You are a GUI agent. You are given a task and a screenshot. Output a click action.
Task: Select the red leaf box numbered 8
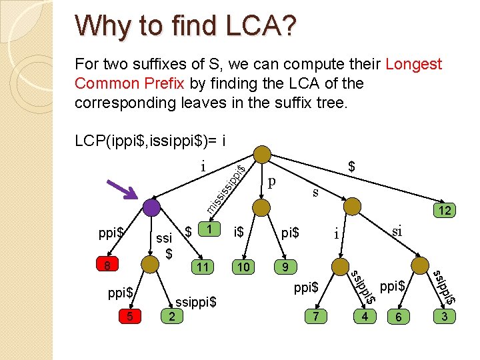(x=106, y=266)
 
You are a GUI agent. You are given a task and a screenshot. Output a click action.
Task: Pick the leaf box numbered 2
(x=172, y=316)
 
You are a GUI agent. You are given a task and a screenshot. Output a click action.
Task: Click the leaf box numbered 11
(x=203, y=267)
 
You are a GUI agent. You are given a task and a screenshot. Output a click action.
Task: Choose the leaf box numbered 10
(x=244, y=267)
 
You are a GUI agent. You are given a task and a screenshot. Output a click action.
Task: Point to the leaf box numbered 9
(x=285, y=267)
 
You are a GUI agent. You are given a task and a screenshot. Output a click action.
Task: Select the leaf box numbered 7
(x=316, y=316)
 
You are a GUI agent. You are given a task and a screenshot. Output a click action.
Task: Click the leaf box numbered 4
(x=364, y=316)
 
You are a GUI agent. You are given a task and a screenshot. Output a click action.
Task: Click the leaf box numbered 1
(x=210, y=229)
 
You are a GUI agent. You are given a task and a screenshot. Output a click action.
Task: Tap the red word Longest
(x=413, y=64)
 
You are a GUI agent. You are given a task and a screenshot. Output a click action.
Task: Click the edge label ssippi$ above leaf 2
(x=195, y=301)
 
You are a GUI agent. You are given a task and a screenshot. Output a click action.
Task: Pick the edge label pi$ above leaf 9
(x=290, y=233)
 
